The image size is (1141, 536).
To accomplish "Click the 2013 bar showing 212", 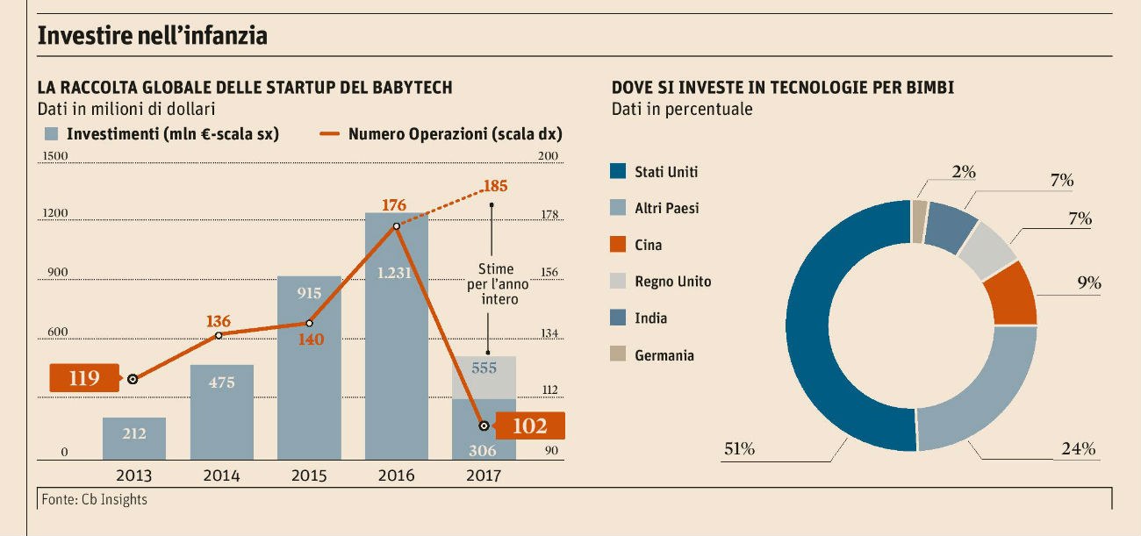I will pyautogui.click(x=134, y=438).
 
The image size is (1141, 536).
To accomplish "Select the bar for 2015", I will pyautogui.click(x=309, y=368).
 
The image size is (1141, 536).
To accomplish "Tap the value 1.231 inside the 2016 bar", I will pyautogui.click(x=394, y=273).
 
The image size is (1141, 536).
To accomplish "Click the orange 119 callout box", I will pyautogui.click(x=85, y=379).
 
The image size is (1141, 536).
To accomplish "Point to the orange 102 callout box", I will pyautogui.click(x=529, y=426).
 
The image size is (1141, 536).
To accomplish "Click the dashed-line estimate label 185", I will pyautogui.click(x=494, y=186).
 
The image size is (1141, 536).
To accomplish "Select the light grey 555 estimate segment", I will pyautogui.click(x=484, y=377).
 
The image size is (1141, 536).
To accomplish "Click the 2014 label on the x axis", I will pyautogui.click(x=221, y=475).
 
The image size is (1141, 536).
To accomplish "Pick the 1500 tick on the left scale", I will pyautogui.click(x=55, y=156).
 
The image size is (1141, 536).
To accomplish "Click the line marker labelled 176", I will pyautogui.click(x=397, y=226).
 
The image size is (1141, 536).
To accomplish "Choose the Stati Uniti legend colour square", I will pyautogui.click(x=617, y=172).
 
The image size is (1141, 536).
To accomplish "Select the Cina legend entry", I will pyautogui.click(x=648, y=246).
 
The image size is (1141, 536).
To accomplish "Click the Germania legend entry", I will pyautogui.click(x=664, y=355).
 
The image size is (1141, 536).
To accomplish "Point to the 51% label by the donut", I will pyautogui.click(x=739, y=449).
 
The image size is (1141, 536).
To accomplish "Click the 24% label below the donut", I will pyautogui.click(x=1079, y=449).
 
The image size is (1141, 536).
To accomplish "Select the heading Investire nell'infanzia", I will pyautogui.click(x=152, y=36).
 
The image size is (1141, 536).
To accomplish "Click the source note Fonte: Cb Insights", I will pyautogui.click(x=94, y=499).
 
